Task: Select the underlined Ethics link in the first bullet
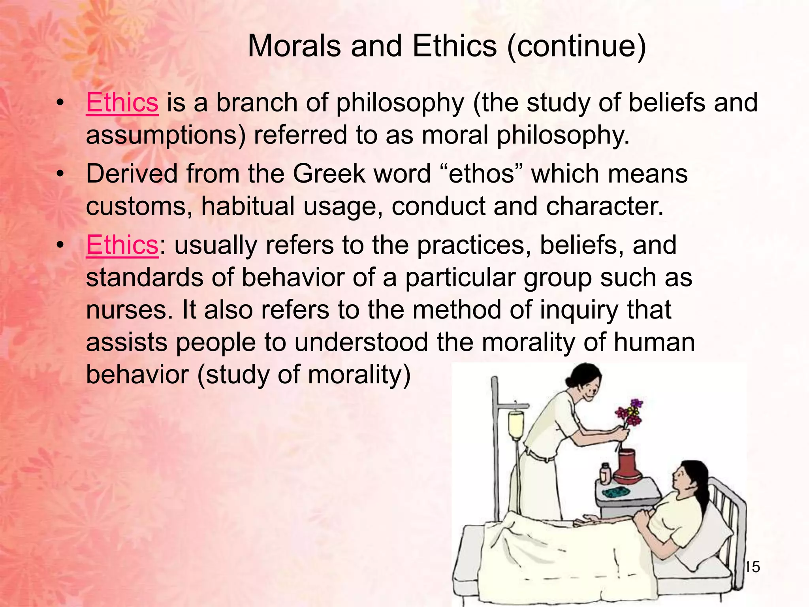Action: coord(122,103)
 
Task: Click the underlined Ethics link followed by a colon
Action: coord(122,245)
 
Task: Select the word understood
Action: coord(361,342)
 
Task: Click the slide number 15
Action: coord(753,567)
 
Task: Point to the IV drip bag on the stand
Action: coord(516,425)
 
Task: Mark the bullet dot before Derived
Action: coord(60,174)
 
